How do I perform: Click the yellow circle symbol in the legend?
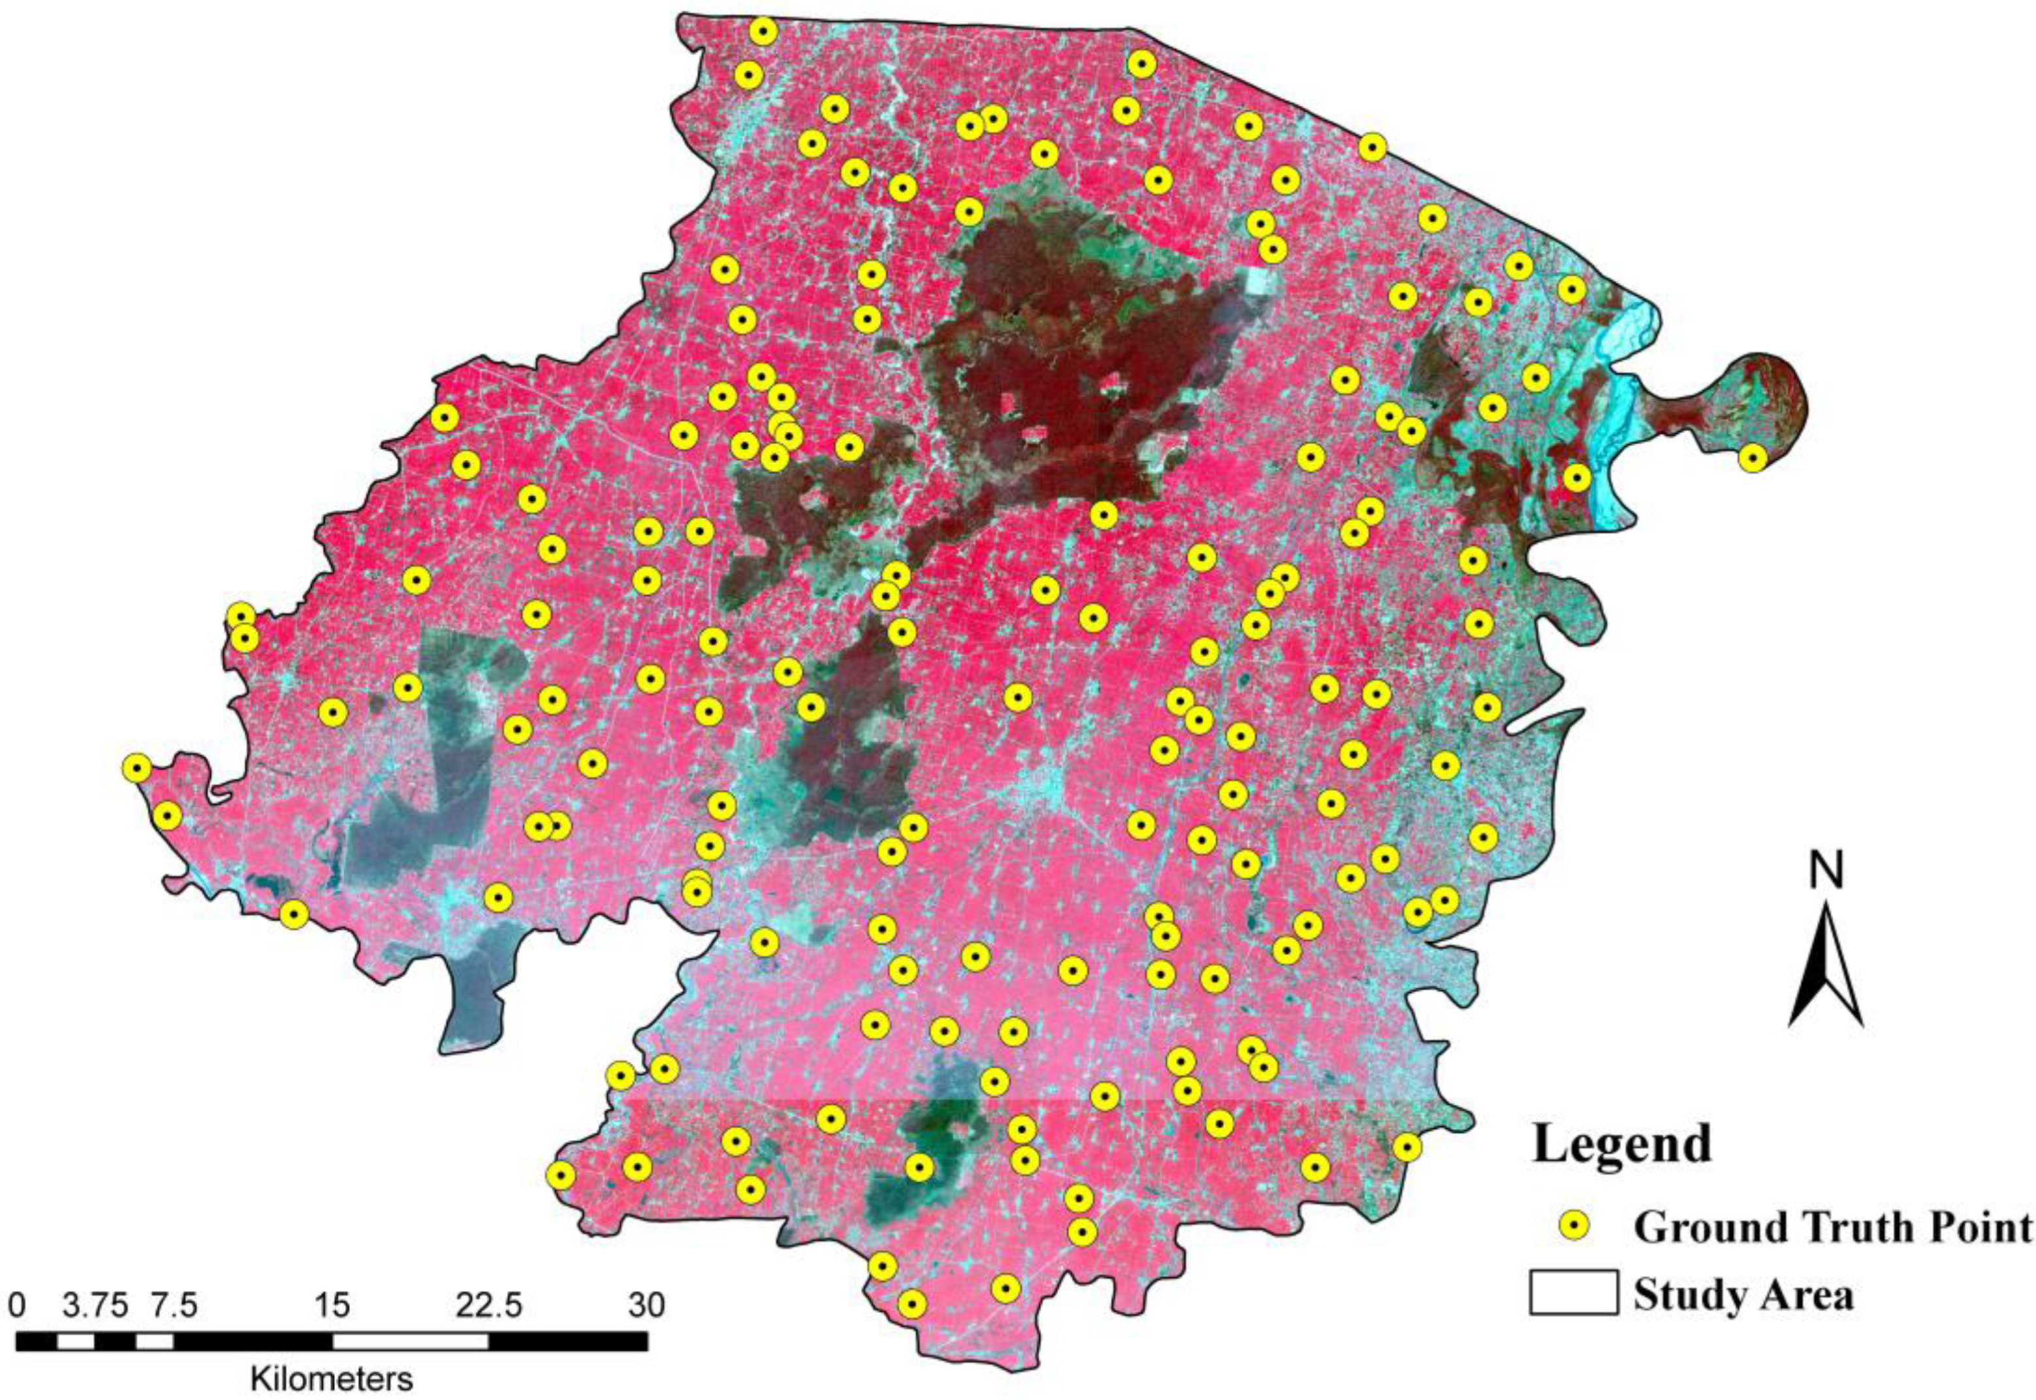pyautogui.click(x=1574, y=1226)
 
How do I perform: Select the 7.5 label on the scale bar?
pyautogui.click(x=172, y=1305)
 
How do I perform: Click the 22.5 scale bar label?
pyautogui.click(x=489, y=1305)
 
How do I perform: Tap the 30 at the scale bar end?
pyautogui.click(x=646, y=1305)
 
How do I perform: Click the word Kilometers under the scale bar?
pyautogui.click(x=331, y=1377)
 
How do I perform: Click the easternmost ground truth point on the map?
pyautogui.click(x=1752, y=458)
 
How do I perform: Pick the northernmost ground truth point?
pyautogui.click(x=763, y=31)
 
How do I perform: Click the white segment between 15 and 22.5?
pyautogui.click(x=410, y=1342)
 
